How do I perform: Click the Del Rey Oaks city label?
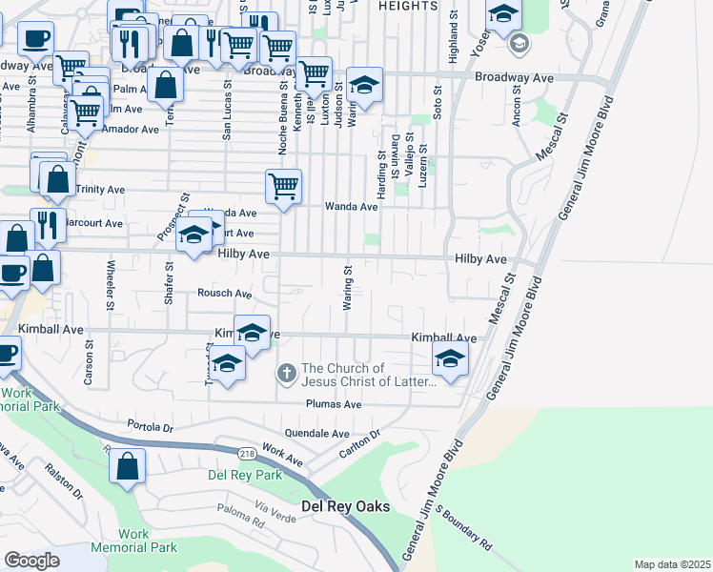pyautogui.click(x=346, y=506)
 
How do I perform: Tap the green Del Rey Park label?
pyautogui.click(x=245, y=475)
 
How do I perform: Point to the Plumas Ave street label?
pyautogui.click(x=334, y=404)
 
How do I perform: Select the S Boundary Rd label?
pyautogui.click(x=464, y=528)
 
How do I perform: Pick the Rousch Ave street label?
pyautogui.click(x=225, y=294)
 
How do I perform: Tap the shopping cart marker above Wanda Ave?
pyautogui.click(x=283, y=186)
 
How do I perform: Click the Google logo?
pyautogui.click(x=31, y=560)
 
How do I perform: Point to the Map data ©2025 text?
pyautogui.click(x=671, y=564)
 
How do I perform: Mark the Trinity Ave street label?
pyautogui.click(x=100, y=190)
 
